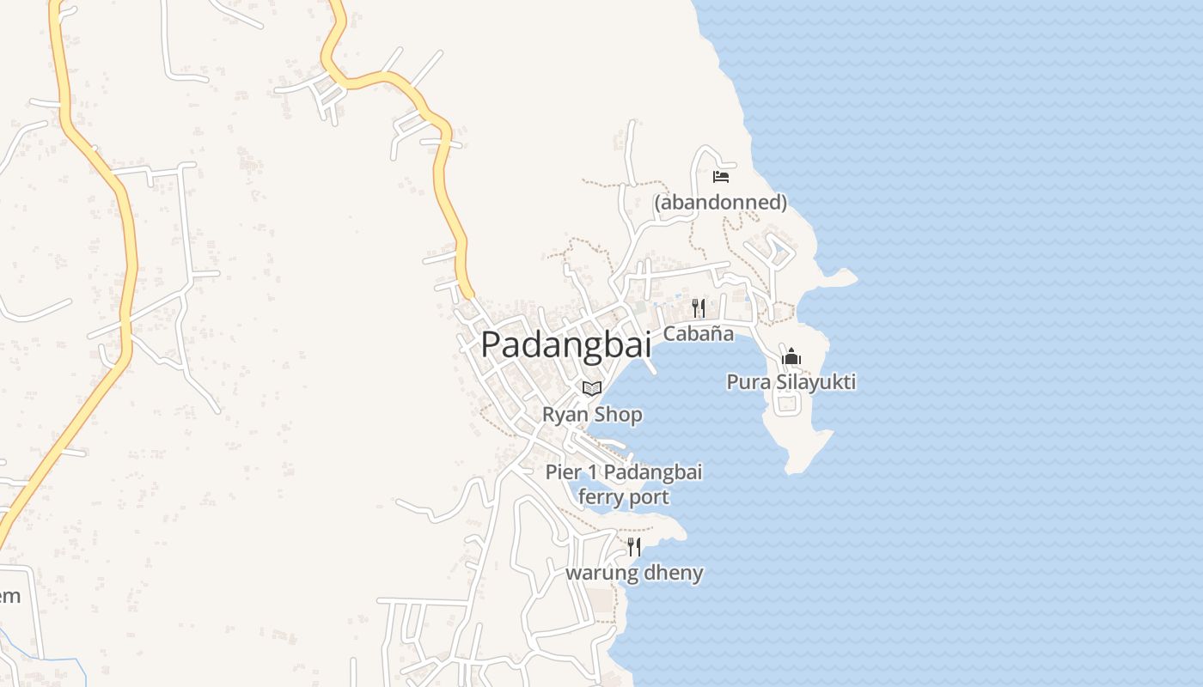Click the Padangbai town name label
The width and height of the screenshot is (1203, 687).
pos(565,344)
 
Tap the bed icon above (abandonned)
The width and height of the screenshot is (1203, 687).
pos(721,177)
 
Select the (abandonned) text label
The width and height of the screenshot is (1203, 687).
pos(720,203)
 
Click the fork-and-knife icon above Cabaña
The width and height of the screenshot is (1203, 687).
pos(699,307)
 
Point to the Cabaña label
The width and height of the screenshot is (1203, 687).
pos(699,333)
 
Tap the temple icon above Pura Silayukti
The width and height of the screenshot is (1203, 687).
pos(791,356)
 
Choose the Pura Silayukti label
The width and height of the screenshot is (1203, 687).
pos(791,381)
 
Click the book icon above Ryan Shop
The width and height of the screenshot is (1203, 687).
pos(591,388)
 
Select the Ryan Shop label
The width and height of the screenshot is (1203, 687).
pos(592,415)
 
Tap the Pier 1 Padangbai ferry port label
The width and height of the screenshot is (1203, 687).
pos(624,484)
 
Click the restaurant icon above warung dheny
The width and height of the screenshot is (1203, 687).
pos(634,546)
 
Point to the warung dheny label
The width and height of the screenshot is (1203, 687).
pos(634,573)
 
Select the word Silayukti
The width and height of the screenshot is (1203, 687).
pos(816,381)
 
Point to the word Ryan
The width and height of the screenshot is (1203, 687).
pos(563,415)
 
